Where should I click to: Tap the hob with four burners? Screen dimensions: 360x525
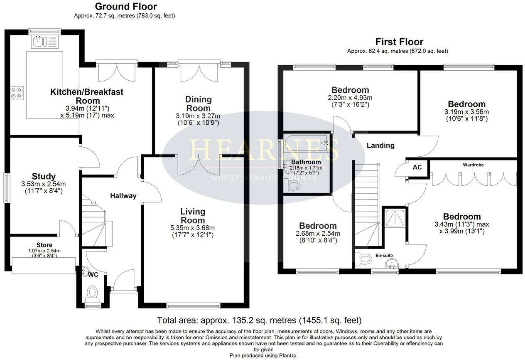coord(17,93)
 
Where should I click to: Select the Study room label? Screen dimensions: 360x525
coord(44,176)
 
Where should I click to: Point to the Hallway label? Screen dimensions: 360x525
coord(123,196)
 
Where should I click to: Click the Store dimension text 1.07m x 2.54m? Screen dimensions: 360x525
coord(44,251)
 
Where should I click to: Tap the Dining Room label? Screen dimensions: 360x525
coord(198,104)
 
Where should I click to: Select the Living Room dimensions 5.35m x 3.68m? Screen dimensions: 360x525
coord(193,228)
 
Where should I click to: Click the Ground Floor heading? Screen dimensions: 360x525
coord(126,7)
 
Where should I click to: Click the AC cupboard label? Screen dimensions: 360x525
coord(417,168)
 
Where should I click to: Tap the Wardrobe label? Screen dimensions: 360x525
coord(473,165)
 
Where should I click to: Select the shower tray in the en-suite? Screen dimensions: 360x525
coord(393,217)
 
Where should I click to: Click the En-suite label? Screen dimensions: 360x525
coord(384,255)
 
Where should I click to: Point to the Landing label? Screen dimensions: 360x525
coord(380,145)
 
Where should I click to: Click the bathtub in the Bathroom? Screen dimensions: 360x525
coord(306,144)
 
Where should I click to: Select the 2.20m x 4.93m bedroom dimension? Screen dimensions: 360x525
coord(350,98)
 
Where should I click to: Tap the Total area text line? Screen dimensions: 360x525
coord(259,321)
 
